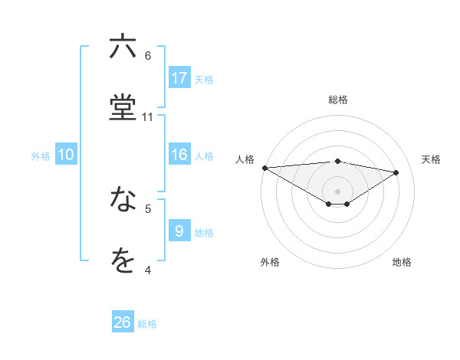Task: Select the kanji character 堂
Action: (x=123, y=107)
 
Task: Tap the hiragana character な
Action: (x=123, y=200)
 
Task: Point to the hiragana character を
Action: (x=123, y=261)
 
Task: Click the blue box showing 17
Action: (x=179, y=78)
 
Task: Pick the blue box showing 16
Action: (x=179, y=155)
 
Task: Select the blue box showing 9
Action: (x=179, y=231)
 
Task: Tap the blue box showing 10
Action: (x=66, y=155)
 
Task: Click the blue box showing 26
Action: (x=123, y=322)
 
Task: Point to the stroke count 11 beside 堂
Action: (x=148, y=117)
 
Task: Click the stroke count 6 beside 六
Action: (x=148, y=55)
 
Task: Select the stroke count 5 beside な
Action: (x=148, y=208)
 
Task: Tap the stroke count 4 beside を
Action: (x=148, y=270)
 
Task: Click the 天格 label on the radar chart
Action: (x=432, y=159)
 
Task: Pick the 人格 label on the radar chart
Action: (x=245, y=159)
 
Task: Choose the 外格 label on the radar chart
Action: (x=270, y=262)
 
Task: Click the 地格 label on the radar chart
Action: (x=402, y=262)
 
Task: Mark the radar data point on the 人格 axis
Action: (x=264, y=168)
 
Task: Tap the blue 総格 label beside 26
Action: (x=147, y=324)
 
